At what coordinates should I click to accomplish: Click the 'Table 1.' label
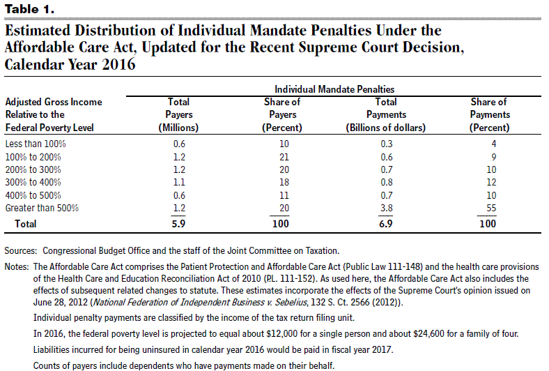pos(29,9)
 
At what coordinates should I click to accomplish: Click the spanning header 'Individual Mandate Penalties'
pos(334,89)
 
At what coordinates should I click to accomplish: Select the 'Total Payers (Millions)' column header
pos(178,114)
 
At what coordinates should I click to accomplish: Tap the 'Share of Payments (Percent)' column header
pos(490,114)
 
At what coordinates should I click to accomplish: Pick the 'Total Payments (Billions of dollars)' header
pos(386,114)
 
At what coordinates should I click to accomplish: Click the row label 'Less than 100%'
pos(36,144)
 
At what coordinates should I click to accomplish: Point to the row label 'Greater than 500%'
pos(42,208)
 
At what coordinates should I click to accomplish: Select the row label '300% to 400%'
pos(33,182)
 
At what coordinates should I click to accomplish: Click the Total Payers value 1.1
pos(179,182)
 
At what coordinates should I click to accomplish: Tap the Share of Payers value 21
pos(284,157)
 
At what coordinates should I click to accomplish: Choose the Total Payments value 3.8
pos(387,208)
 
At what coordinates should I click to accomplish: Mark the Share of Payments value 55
pos(491,208)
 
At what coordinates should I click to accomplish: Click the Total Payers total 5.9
pos(178,224)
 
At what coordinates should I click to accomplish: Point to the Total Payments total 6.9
pos(386,224)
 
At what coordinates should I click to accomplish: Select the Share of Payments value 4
pos(494,144)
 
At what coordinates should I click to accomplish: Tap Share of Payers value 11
pos(284,195)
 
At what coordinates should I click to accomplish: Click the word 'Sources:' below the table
pos(20,251)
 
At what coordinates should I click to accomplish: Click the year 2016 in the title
pos(118,64)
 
